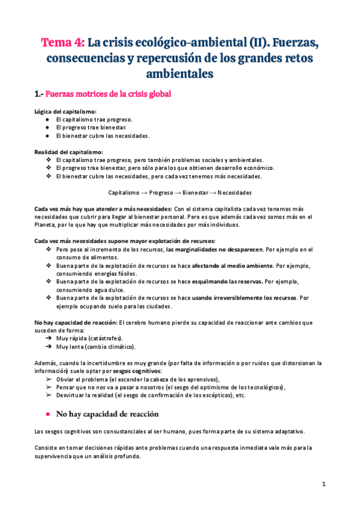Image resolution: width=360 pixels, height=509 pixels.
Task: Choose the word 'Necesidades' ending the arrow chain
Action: [235, 193]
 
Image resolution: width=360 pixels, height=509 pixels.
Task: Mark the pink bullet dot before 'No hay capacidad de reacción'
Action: [47, 414]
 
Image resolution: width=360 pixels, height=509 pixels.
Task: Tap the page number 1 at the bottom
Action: [323, 484]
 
